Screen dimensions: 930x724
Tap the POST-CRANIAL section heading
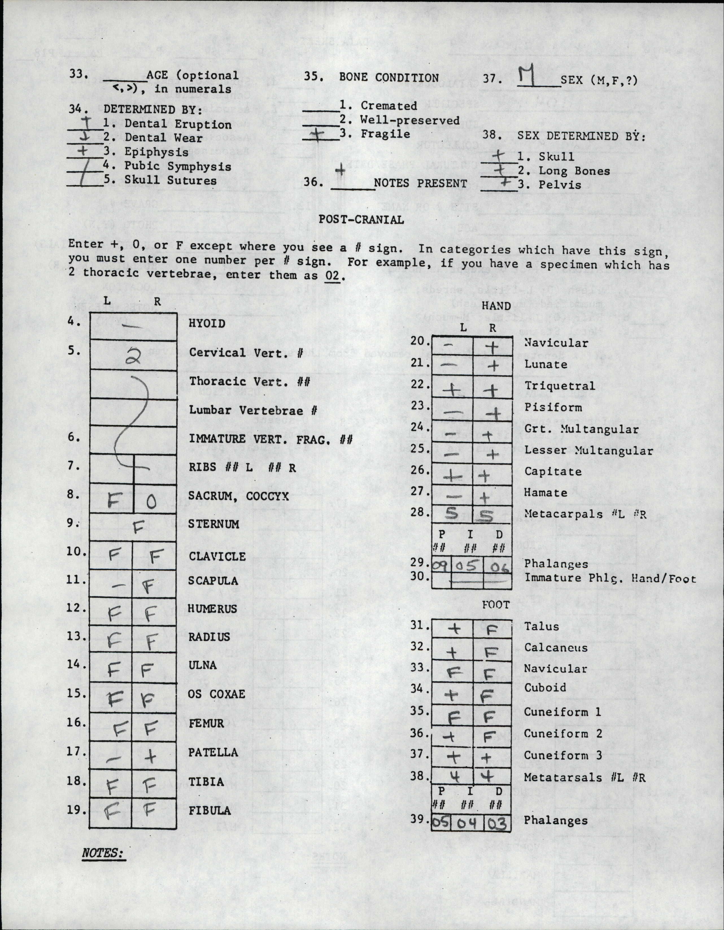coord(361,220)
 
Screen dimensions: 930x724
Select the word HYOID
coord(207,324)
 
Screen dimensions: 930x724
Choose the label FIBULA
coord(210,810)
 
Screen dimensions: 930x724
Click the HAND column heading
coord(496,306)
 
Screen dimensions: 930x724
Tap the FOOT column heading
coord(496,605)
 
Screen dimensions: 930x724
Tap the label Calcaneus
coord(555,648)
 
